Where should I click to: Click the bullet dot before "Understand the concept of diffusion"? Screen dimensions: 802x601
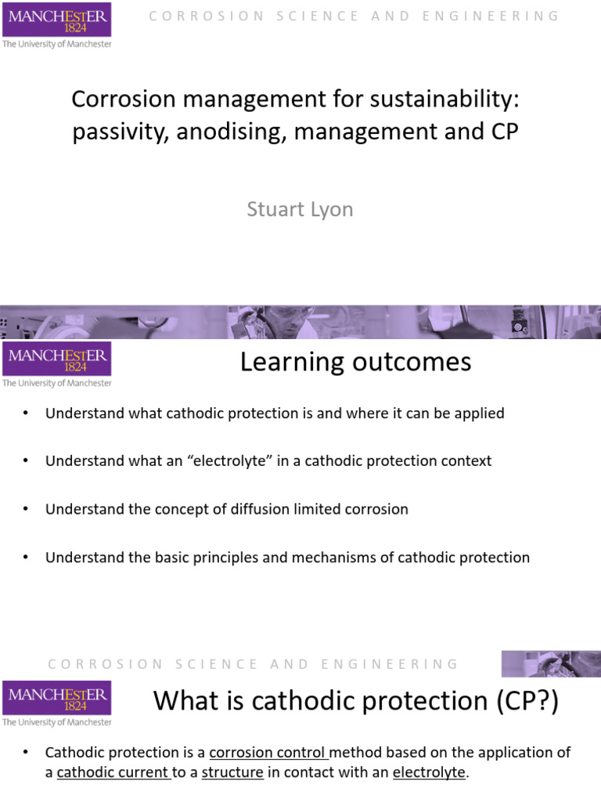26,509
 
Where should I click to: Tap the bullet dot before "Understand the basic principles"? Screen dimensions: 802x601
26,558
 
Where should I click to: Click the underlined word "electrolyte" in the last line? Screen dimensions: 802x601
428,773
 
